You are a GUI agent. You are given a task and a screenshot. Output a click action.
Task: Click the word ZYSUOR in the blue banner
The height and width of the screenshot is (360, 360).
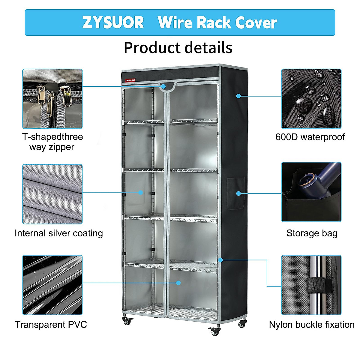click(113, 22)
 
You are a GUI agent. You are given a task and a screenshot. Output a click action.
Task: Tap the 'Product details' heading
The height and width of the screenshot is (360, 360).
click(178, 48)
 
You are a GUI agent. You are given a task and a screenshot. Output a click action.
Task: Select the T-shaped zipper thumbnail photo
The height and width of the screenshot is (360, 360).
click(52, 99)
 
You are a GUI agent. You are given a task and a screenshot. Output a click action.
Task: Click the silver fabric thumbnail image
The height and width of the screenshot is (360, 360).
click(52, 194)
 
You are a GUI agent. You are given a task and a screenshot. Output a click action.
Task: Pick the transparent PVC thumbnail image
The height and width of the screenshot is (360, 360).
click(52, 285)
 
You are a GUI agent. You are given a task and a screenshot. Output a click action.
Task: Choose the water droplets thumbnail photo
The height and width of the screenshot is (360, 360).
click(311, 99)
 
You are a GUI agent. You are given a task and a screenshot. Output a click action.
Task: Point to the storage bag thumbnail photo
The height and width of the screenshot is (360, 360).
click(311, 192)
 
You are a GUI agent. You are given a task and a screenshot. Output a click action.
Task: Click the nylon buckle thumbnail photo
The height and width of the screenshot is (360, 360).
click(311, 285)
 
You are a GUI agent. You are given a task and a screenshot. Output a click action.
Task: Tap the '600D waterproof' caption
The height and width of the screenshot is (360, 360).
click(310, 137)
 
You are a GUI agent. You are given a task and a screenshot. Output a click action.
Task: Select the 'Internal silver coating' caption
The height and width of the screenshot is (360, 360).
click(59, 233)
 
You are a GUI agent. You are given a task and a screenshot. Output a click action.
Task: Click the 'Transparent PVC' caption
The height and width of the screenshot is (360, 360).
click(51, 325)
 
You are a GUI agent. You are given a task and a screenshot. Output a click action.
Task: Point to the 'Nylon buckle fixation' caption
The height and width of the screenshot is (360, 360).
click(312, 325)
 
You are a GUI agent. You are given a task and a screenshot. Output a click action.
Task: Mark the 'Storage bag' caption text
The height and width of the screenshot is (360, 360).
click(312, 233)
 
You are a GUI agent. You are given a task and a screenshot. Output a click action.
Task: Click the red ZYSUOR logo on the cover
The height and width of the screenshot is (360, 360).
click(130, 80)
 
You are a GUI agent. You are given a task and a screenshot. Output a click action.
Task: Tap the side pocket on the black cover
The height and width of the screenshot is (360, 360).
click(236, 194)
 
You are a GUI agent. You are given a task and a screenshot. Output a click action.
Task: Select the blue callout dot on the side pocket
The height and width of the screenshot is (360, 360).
click(238, 193)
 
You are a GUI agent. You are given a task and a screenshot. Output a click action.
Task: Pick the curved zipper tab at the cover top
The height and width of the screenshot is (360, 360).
click(167, 86)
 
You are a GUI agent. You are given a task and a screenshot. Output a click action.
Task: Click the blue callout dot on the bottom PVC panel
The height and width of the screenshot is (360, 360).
click(178, 283)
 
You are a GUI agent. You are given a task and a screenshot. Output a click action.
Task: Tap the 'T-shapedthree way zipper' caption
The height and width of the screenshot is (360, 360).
click(52, 142)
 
